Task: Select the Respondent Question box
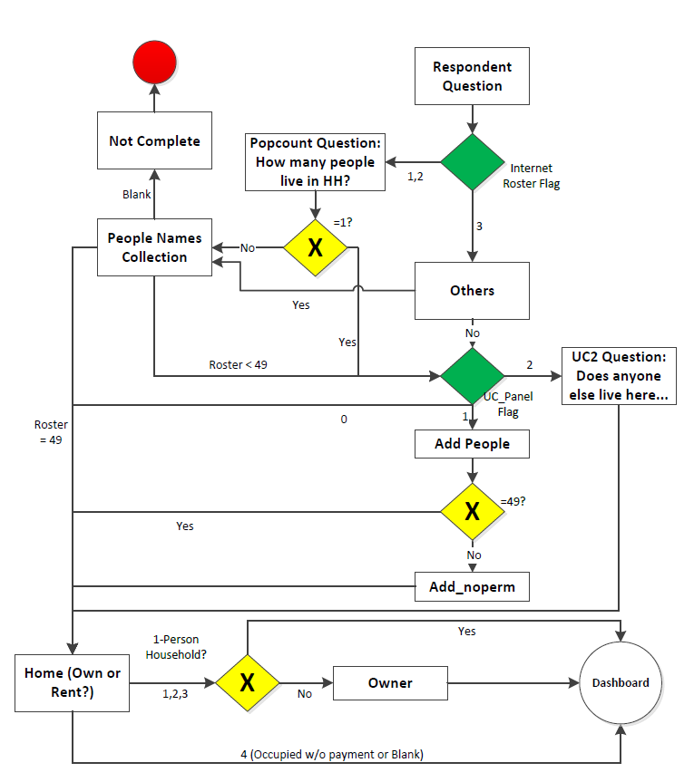472,76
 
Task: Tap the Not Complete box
154,140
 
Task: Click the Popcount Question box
314,162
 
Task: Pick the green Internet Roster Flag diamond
472,162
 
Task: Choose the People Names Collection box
154,247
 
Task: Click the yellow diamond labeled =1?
315,246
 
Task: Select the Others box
472,291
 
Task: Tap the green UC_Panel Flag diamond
472,375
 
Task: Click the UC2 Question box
619,375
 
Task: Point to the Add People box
472,444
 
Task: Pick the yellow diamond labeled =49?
472,511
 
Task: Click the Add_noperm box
472,586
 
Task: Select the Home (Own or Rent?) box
72,682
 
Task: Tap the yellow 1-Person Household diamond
247,682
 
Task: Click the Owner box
390,682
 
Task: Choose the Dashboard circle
621,682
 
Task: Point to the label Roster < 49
238,365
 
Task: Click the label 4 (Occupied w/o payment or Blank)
345,754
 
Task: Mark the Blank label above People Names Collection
137,194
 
